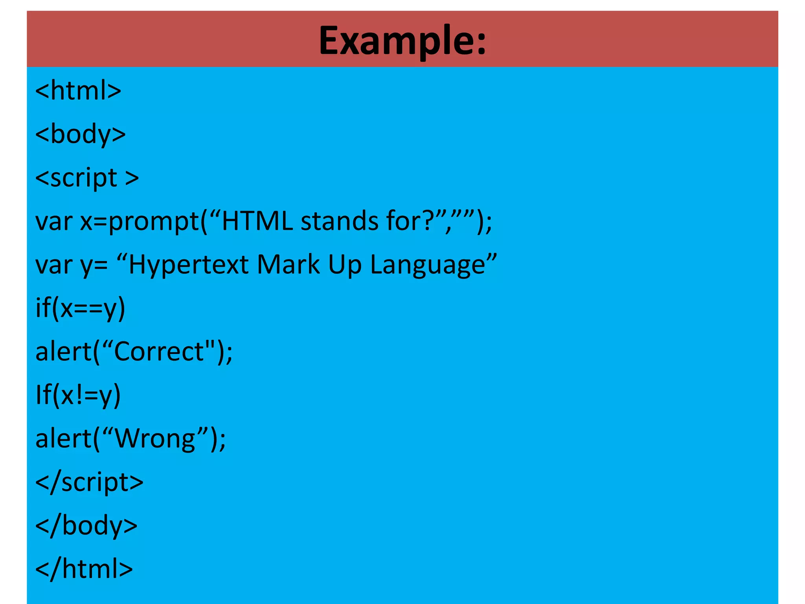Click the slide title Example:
coord(402,41)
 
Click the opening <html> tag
coord(78,90)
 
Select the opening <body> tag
coord(81,134)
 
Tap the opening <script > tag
coord(87,178)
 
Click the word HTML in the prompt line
coord(257,221)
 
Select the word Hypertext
coord(189,265)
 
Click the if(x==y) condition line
coord(80,308)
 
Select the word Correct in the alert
coord(159,351)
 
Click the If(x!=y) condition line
coord(78,395)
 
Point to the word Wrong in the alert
coord(155,438)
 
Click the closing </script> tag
coord(89,482)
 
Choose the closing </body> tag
coord(86,526)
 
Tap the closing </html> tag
coord(84,569)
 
